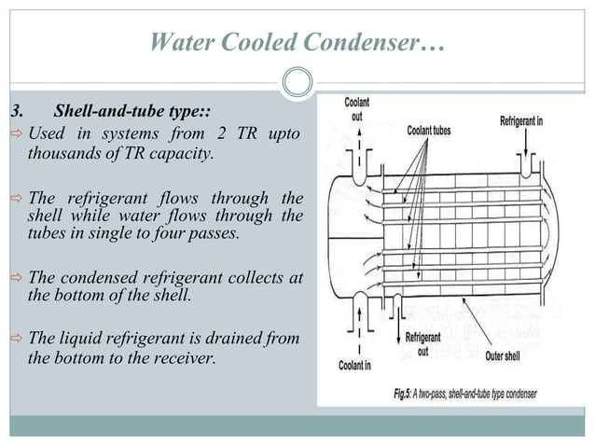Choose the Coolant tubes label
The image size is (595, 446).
coord(428,131)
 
